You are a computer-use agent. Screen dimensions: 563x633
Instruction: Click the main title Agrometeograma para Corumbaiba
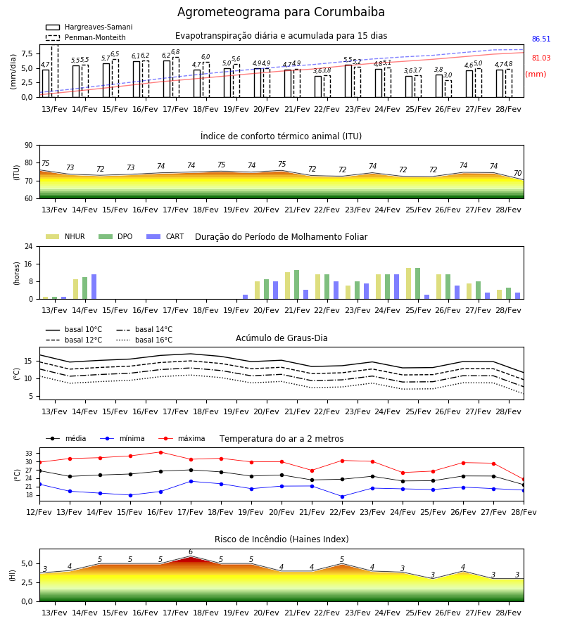[x=281, y=12]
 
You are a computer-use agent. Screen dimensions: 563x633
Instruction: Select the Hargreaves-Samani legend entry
[x=89, y=27]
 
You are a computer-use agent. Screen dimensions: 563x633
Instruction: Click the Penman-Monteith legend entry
[x=86, y=37]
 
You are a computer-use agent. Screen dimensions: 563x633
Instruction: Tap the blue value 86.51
[x=541, y=39]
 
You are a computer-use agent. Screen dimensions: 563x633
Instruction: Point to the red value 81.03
[x=541, y=58]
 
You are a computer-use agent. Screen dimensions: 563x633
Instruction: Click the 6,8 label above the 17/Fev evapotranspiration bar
[x=175, y=52]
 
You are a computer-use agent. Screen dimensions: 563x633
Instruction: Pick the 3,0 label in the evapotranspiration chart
[x=448, y=75]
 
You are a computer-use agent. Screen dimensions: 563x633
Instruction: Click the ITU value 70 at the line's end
[x=517, y=173]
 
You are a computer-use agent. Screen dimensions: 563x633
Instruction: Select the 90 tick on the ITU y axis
[x=28, y=146]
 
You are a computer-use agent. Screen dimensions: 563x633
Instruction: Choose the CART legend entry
[x=165, y=236]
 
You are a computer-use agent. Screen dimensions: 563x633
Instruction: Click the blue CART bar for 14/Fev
[x=94, y=287]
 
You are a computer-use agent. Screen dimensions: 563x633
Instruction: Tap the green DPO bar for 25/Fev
[x=417, y=283]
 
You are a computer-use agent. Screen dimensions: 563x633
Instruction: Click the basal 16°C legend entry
[x=144, y=340]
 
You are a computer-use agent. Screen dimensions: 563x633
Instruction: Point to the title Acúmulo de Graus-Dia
[x=281, y=338]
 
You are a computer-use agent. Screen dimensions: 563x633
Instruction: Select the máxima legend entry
[x=182, y=438]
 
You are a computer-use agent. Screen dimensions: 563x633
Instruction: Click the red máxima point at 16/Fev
[x=160, y=452]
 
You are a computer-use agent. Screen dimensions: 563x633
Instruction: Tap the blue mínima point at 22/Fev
[x=343, y=497]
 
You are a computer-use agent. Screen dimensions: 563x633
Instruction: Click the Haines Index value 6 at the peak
[x=191, y=552]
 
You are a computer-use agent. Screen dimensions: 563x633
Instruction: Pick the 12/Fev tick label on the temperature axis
[x=39, y=512]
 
